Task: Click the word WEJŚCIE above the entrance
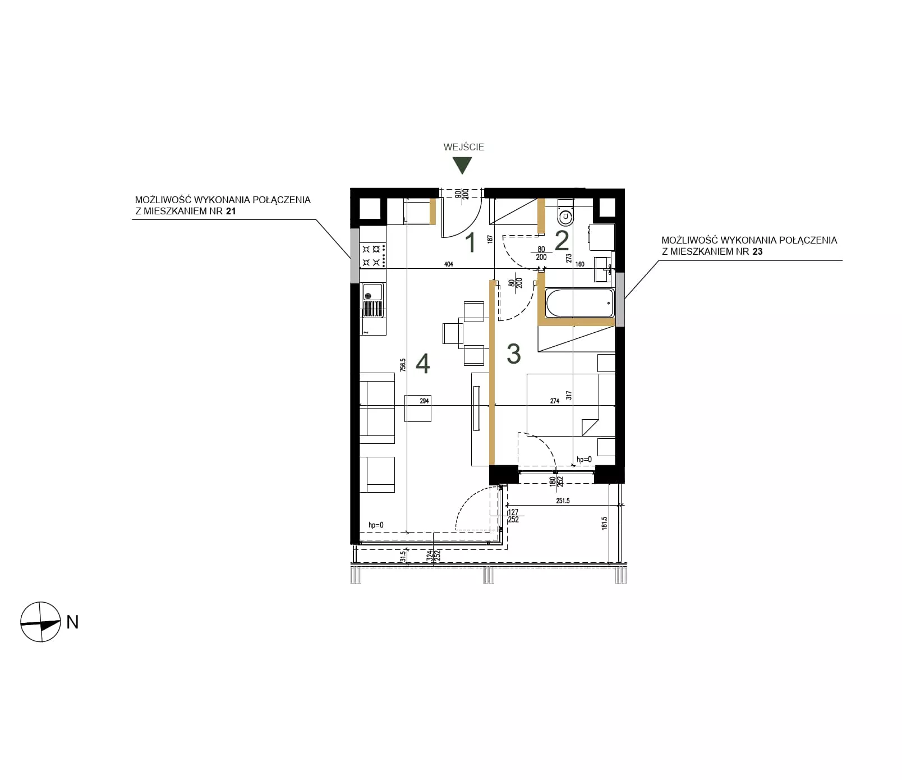click(463, 147)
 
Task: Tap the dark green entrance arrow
click(463, 165)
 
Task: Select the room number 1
click(471, 242)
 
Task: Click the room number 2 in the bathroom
click(562, 241)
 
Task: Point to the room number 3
click(513, 354)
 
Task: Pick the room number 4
click(423, 364)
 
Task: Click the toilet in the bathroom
click(565, 212)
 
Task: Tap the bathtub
click(579, 303)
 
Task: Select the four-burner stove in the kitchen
click(373, 255)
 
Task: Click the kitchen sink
click(372, 300)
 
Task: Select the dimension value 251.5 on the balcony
click(563, 501)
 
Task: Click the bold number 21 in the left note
click(231, 211)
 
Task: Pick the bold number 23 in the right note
click(757, 251)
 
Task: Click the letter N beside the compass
click(72, 622)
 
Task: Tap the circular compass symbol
click(40, 622)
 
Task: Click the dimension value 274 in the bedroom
click(555, 401)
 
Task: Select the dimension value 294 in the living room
click(424, 401)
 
